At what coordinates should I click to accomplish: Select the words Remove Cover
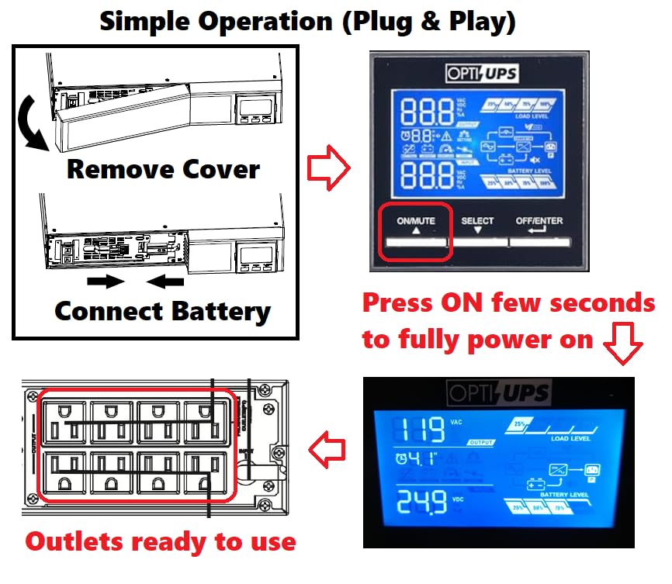[x=163, y=168]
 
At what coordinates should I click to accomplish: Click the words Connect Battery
[x=162, y=312]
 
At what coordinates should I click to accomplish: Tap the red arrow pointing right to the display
[x=329, y=170]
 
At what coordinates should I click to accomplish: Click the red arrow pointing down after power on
[x=623, y=344]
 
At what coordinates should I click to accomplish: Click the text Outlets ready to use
[x=161, y=541]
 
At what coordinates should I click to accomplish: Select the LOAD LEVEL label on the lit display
[x=570, y=439]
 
